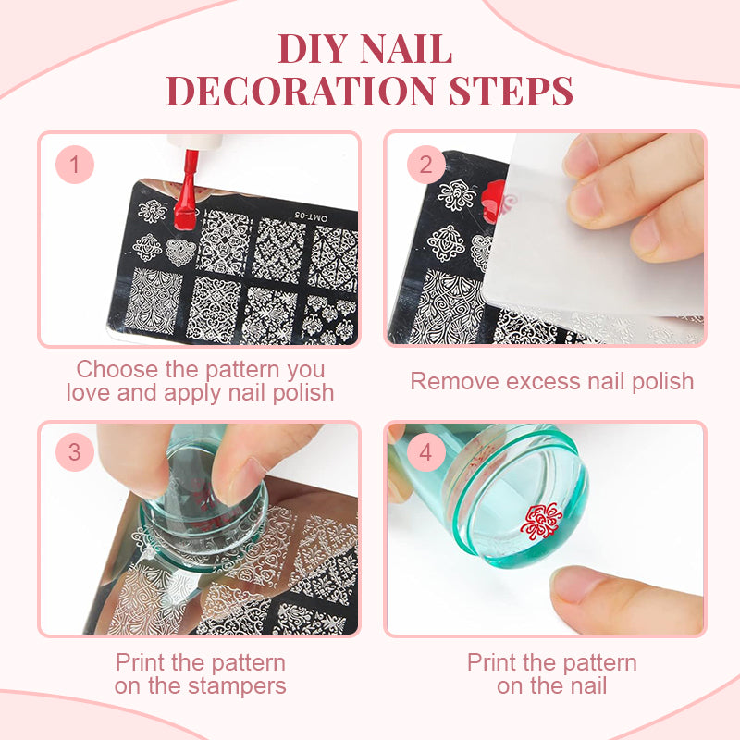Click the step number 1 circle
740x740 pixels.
click(x=75, y=165)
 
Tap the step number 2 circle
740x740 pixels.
click(x=426, y=165)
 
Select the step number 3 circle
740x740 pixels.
click(x=75, y=452)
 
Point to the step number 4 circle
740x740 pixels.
click(x=426, y=452)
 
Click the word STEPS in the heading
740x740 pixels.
click(x=512, y=91)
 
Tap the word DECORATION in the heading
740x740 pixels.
click(x=301, y=91)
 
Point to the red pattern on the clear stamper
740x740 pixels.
click(x=541, y=521)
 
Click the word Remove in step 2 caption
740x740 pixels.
click(x=454, y=381)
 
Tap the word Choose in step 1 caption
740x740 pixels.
click(x=118, y=369)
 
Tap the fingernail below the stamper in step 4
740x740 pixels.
click(x=579, y=585)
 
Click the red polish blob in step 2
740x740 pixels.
click(x=494, y=198)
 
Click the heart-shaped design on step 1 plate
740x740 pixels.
click(x=180, y=252)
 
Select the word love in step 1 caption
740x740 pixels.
click(x=88, y=392)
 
